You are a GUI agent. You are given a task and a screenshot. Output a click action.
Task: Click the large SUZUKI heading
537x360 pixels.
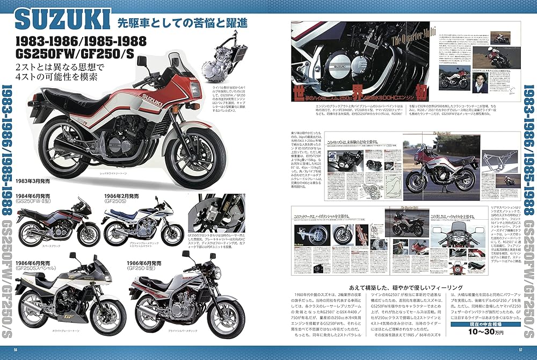coord(60,20)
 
